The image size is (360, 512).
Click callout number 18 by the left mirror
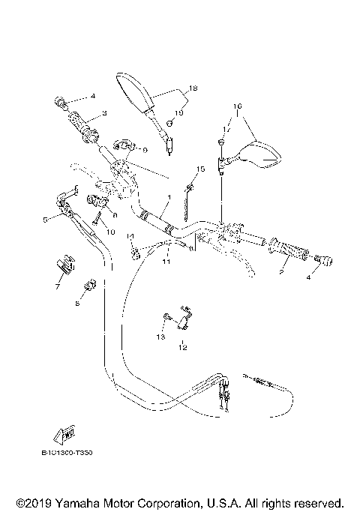click(193, 88)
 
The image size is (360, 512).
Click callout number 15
click(201, 169)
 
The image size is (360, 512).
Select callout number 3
click(105, 113)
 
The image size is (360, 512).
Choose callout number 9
click(144, 149)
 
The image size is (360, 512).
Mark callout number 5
click(46, 220)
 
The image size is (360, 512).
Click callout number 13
click(158, 337)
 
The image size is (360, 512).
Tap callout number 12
click(181, 347)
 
